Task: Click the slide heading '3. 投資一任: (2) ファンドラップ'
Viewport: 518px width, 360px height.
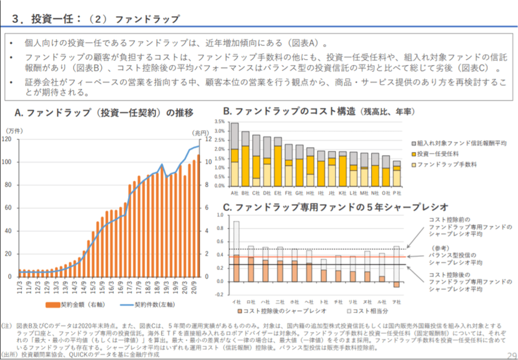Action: (96, 19)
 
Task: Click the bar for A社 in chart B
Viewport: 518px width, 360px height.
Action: (234, 156)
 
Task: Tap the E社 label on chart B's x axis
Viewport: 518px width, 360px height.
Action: (277, 192)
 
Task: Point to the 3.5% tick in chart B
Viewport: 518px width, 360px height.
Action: (219, 122)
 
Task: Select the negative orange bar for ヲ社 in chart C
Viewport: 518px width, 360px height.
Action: (395, 284)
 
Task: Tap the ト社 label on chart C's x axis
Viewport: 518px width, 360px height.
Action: (323, 301)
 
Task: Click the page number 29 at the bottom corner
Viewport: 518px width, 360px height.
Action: (511, 355)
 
